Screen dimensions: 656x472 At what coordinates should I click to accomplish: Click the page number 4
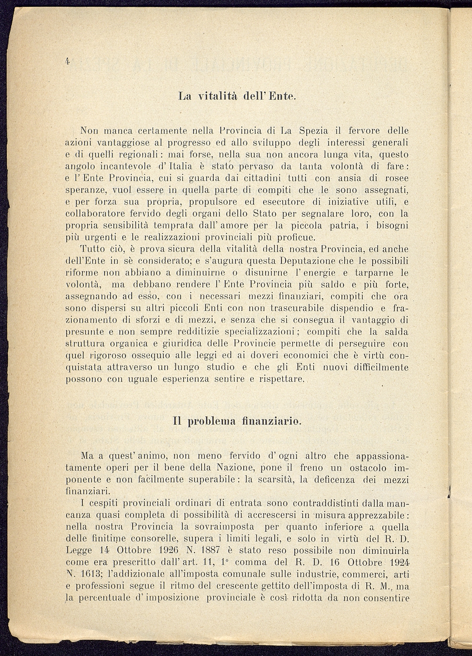(x=68, y=61)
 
